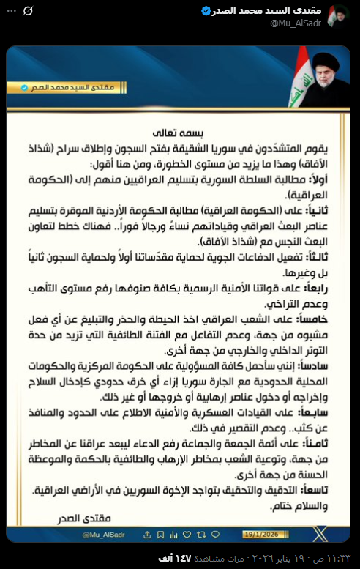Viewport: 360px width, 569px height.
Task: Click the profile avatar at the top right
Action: [338, 16]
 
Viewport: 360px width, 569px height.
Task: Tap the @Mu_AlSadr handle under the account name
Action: [299, 23]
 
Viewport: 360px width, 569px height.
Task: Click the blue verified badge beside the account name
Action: [206, 11]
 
